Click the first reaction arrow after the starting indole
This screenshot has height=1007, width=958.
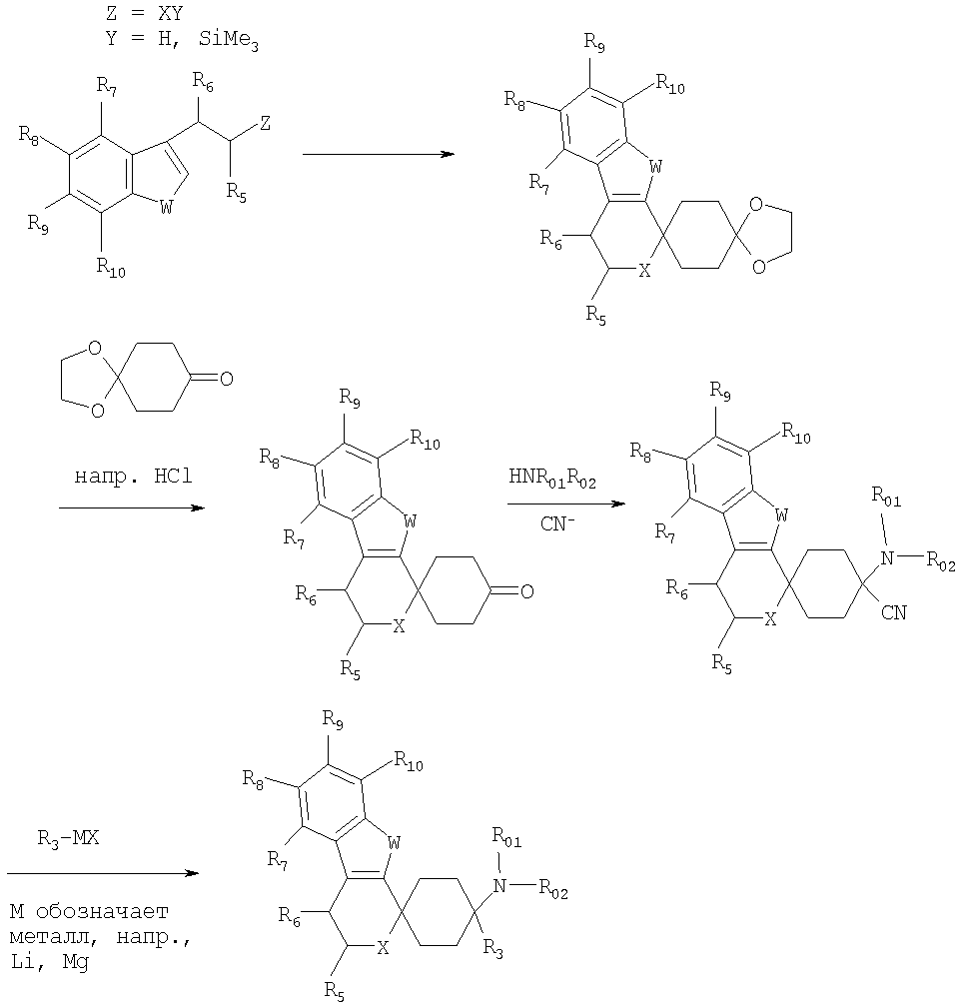click(x=377, y=155)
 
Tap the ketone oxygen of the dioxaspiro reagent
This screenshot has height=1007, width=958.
click(x=226, y=378)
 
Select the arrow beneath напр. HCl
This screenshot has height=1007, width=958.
click(x=130, y=507)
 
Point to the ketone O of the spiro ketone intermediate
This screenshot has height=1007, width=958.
click(x=525, y=592)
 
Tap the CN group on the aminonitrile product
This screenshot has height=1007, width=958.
click(x=893, y=611)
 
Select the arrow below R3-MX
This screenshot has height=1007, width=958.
click(x=100, y=874)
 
